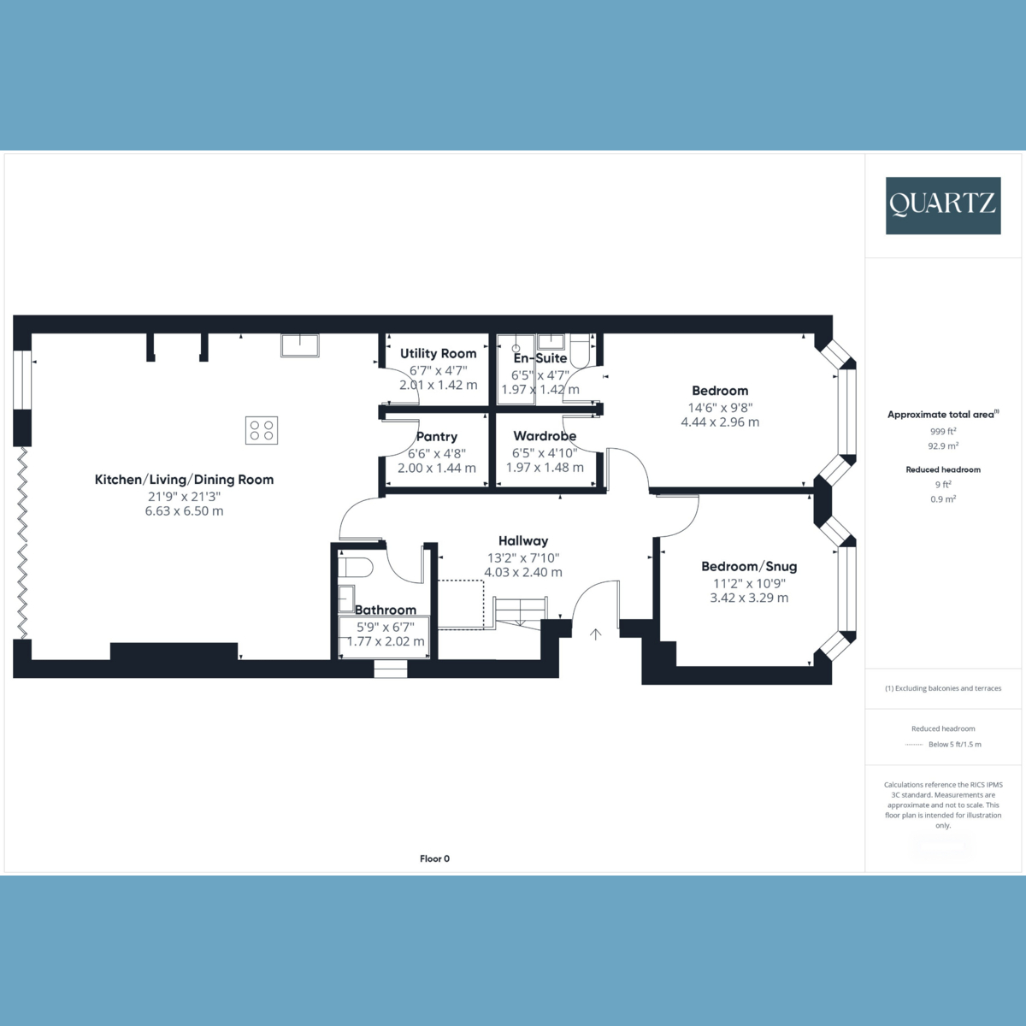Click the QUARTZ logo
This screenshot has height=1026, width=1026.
(x=943, y=205)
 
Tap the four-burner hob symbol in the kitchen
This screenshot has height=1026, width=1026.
(x=262, y=430)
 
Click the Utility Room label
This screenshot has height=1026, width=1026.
(x=439, y=353)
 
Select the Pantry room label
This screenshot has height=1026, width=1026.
(x=437, y=437)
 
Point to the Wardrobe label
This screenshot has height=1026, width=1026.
(x=545, y=436)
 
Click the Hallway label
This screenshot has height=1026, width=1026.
(x=523, y=541)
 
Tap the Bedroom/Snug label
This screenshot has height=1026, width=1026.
(x=749, y=567)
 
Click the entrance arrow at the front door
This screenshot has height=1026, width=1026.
(x=596, y=634)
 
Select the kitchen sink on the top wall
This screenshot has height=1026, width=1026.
(x=300, y=345)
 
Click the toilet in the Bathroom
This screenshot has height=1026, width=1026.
(x=355, y=567)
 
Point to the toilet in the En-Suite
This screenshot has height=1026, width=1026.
(x=580, y=351)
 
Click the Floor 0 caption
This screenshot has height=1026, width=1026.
(x=434, y=858)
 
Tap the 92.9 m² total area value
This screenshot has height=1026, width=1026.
(x=943, y=445)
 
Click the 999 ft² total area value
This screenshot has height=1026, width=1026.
(x=943, y=431)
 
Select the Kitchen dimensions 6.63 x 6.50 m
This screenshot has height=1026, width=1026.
(x=184, y=511)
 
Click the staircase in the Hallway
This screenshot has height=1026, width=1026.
(x=520, y=611)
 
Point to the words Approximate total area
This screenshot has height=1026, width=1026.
(x=940, y=415)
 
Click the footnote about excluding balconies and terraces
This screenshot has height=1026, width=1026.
(x=943, y=688)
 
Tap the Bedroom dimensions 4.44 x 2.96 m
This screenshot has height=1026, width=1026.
(x=720, y=422)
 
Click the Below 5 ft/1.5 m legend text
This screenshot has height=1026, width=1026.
(x=955, y=745)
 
